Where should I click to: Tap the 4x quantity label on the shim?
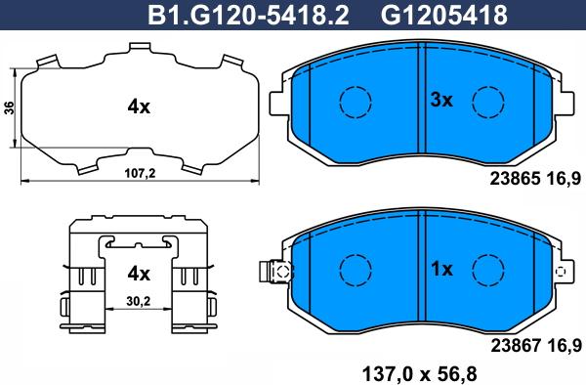[x=138, y=108]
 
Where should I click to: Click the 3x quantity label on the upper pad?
[x=443, y=100]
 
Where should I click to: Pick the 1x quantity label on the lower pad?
[x=443, y=268]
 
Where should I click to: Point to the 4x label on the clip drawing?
[x=138, y=273]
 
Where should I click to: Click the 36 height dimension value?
[x=10, y=108]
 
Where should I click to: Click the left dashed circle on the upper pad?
[x=354, y=101]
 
